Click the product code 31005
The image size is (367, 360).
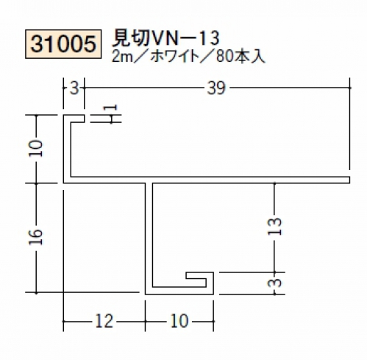(63, 44)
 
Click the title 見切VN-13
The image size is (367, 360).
(165, 39)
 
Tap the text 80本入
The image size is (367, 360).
(240, 57)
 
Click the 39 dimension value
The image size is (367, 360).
(216, 88)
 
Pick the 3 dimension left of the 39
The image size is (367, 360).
(74, 88)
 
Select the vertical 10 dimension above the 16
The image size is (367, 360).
(37, 149)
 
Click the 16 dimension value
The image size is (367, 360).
(37, 237)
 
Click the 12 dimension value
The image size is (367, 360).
(104, 321)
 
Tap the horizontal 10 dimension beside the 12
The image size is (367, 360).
(179, 321)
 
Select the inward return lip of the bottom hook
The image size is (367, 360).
(196, 275)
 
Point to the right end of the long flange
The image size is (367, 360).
(349, 180)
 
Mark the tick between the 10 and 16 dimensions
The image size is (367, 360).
(37, 183)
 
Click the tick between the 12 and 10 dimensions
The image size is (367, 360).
(145, 321)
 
